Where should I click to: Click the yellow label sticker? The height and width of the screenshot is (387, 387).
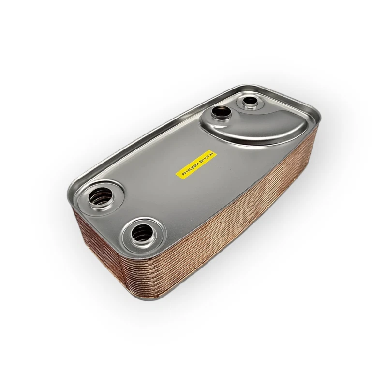click(195, 164)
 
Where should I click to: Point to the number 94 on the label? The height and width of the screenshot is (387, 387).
click(210, 154)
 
